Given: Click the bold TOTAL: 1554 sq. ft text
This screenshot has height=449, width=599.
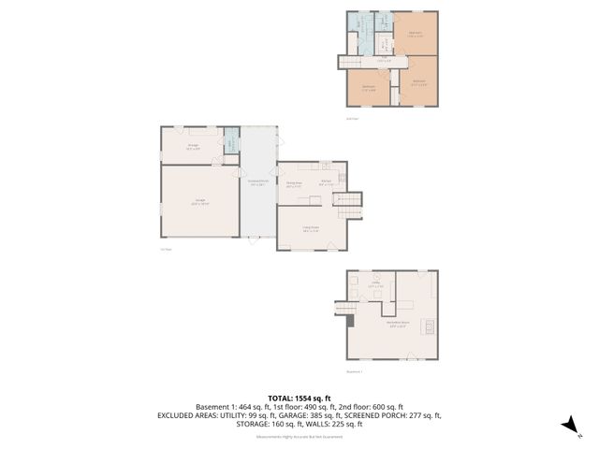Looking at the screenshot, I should [x=299, y=398].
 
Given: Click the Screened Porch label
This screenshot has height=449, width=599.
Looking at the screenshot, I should [x=257, y=182].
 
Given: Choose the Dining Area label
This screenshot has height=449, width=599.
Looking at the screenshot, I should [x=293, y=184].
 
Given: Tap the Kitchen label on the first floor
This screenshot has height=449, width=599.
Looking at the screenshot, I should [x=326, y=182].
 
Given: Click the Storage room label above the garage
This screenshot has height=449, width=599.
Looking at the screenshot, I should [x=193, y=146].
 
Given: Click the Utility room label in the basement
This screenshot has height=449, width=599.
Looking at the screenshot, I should [x=376, y=285].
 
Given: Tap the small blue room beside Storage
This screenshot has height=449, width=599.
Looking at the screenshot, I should [x=230, y=145].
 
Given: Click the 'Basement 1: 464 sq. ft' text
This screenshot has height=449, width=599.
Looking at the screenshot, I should [x=234, y=407].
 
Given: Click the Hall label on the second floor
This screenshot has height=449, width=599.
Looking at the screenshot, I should [x=383, y=62].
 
